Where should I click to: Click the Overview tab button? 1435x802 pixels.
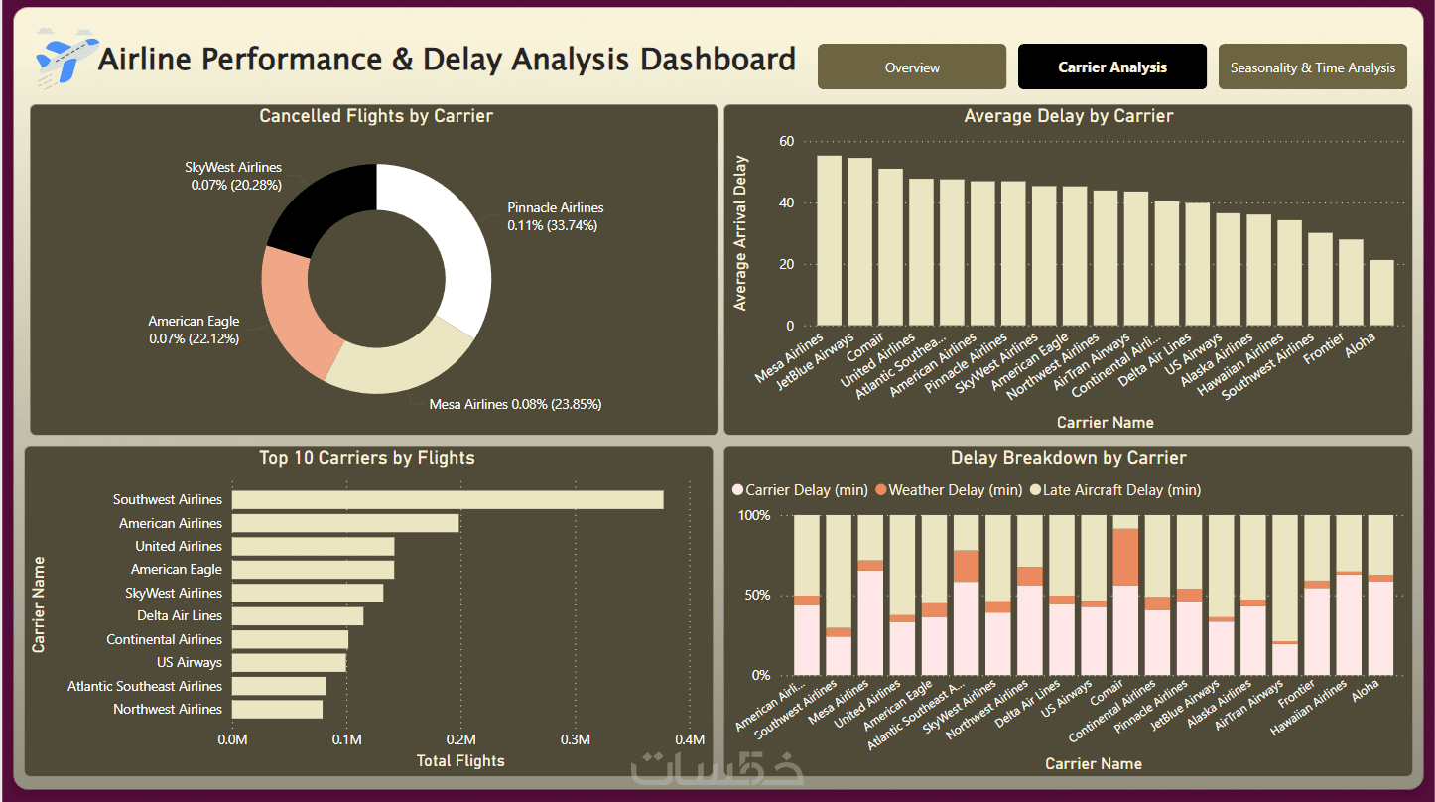click(x=912, y=67)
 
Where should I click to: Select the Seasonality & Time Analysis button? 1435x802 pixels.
click(x=1312, y=67)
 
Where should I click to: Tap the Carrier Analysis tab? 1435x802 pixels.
click(x=1111, y=67)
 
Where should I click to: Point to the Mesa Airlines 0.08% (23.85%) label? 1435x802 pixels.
click(x=515, y=404)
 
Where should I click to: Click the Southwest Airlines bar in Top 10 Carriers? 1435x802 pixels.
click(x=448, y=500)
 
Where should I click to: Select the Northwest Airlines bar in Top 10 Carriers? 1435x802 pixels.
click(x=277, y=709)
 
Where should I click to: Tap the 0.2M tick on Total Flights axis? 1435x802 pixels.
click(x=460, y=740)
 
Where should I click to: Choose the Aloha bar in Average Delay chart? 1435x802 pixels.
click(x=1381, y=293)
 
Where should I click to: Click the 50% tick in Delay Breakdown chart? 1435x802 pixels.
click(x=757, y=596)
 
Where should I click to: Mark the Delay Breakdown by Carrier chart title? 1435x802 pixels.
click(x=1068, y=458)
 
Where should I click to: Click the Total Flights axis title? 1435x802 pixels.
click(x=459, y=761)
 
